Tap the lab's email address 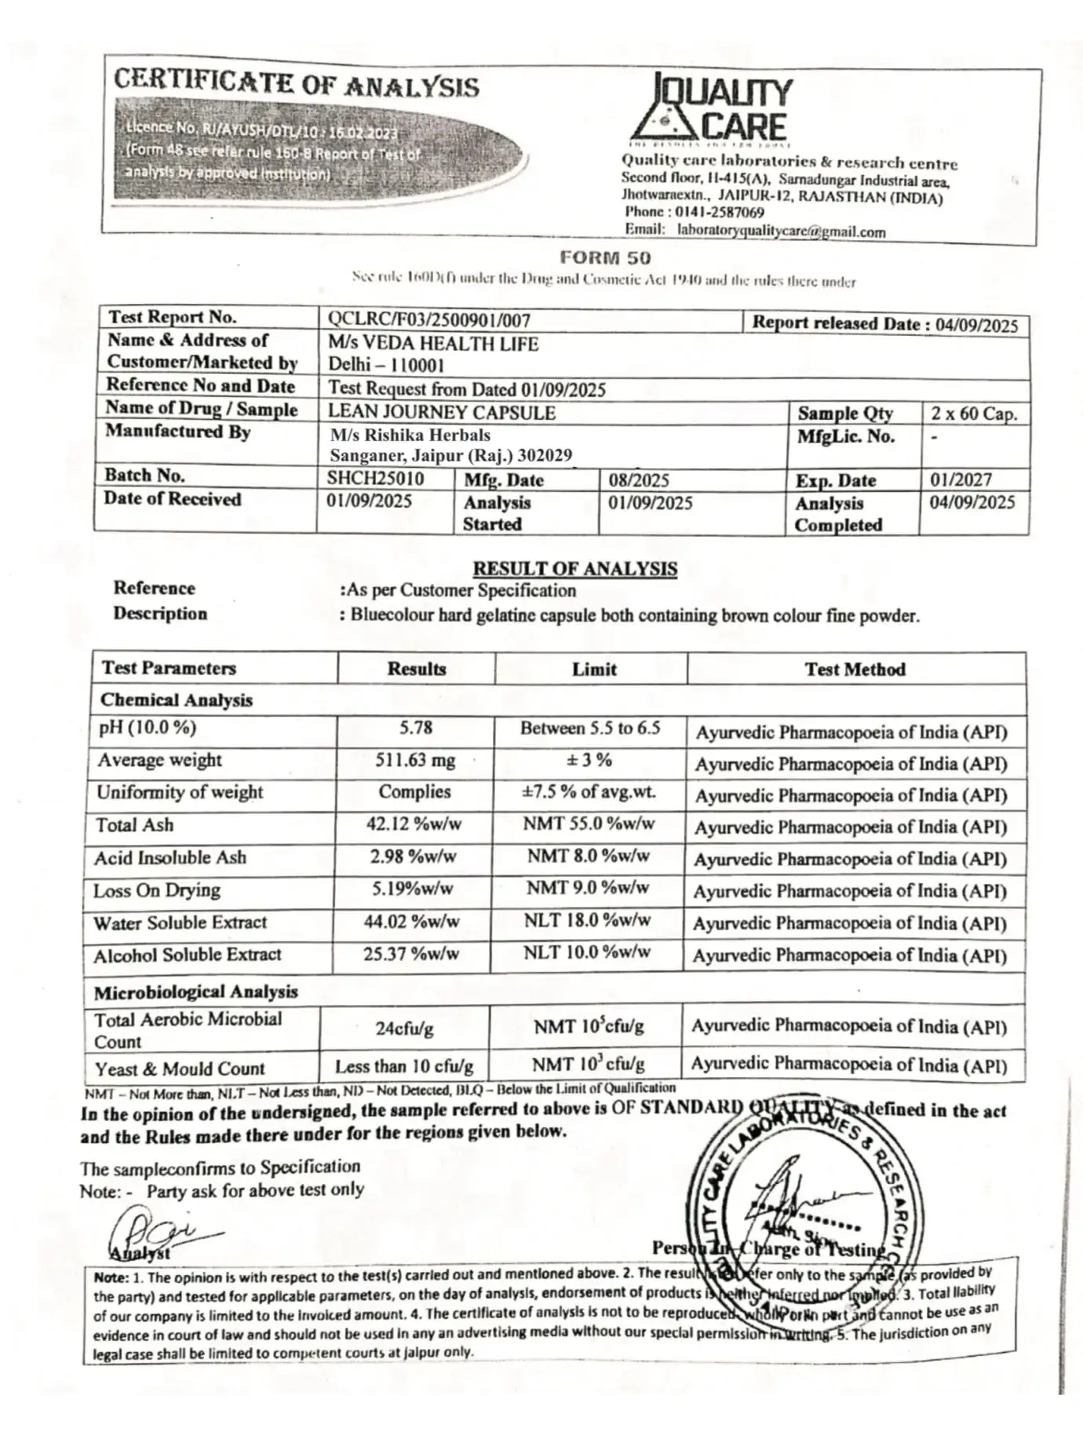tap(781, 232)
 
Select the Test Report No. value tap(429, 320)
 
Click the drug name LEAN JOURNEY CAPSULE tap(441, 413)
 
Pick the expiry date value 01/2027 tap(961, 480)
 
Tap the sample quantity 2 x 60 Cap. tap(974, 414)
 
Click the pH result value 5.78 tap(415, 728)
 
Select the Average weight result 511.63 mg tap(415, 760)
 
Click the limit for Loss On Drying tap(588, 888)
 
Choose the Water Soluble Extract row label tap(180, 922)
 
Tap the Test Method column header tap(855, 670)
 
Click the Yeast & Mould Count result tap(404, 1066)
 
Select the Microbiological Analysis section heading tap(195, 992)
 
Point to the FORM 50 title tap(605, 258)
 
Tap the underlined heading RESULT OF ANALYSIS tap(575, 568)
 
